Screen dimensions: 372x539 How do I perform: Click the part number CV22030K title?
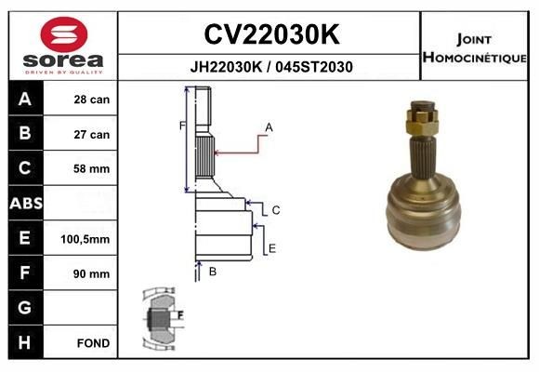[270, 34]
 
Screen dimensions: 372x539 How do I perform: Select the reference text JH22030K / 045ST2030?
[270, 67]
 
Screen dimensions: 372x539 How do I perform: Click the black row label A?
[25, 100]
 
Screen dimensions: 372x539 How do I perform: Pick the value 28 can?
[92, 100]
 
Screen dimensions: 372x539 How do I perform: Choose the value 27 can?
[92, 134]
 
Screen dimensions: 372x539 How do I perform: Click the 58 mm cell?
[92, 169]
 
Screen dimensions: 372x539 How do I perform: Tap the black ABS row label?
[25, 204]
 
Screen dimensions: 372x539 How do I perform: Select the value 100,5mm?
[85, 239]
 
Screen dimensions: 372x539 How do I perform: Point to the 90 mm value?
[92, 273]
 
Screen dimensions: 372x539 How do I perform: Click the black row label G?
[25, 308]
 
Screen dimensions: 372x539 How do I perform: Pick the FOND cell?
[94, 343]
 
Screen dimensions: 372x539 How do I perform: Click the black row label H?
[25, 343]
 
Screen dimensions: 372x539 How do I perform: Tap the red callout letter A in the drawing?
[269, 126]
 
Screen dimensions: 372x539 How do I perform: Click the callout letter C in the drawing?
[276, 211]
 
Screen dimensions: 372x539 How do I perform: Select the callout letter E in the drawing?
[271, 248]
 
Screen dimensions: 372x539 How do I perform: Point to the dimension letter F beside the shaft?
[183, 125]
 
